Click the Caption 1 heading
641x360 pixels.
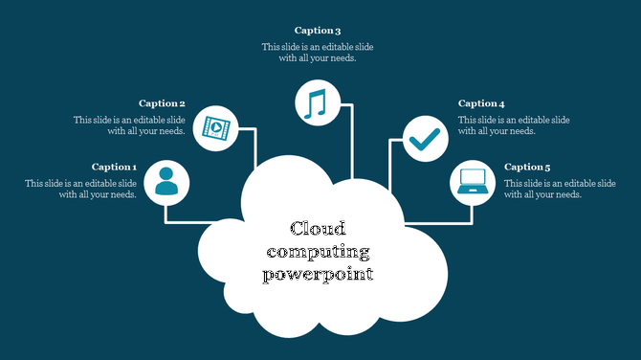point(114,168)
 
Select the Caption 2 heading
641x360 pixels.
point(162,103)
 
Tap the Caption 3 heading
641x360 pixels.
point(318,31)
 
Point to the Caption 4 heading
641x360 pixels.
point(481,103)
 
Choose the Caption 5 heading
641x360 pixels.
point(527,168)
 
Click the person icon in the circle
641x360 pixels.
point(166,182)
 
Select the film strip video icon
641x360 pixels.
point(216,127)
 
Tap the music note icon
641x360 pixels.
point(317,102)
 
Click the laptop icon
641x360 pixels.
point(473,182)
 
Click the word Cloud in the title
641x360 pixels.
point(318,229)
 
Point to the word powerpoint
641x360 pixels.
point(318,275)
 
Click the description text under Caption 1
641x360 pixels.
point(81,189)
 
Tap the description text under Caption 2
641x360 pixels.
point(129,125)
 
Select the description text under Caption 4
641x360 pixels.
point(514,125)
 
